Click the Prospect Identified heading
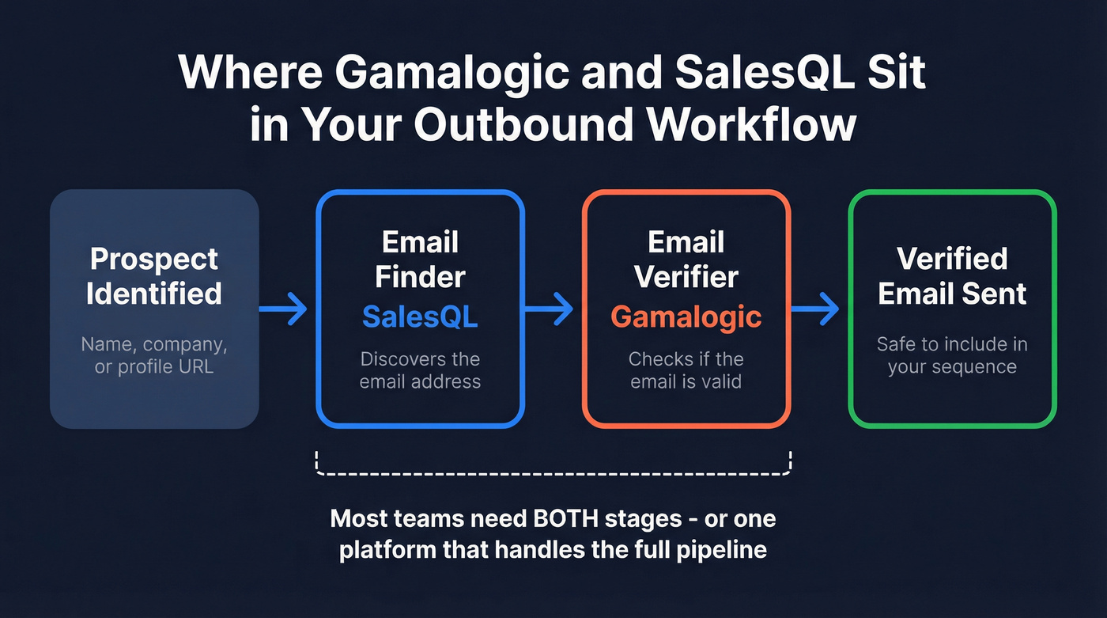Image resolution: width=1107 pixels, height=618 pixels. (x=154, y=275)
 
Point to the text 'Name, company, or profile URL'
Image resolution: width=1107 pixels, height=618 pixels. (x=154, y=355)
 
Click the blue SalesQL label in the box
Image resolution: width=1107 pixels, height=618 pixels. (x=420, y=317)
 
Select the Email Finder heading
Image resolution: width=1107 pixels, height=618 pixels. (x=420, y=259)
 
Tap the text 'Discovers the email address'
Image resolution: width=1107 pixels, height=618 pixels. (x=420, y=370)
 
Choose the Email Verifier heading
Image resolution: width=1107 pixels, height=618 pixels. (x=686, y=259)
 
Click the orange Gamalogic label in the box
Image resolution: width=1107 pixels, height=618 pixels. (x=686, y=317)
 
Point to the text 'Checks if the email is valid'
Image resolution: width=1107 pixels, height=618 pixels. (x=686, y=370)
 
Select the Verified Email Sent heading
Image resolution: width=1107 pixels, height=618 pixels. (x=952, y=275)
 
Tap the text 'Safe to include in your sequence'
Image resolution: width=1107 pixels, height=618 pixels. (x=952, y=355)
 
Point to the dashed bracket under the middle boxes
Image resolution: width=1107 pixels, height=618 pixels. (x=553, y=473)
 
